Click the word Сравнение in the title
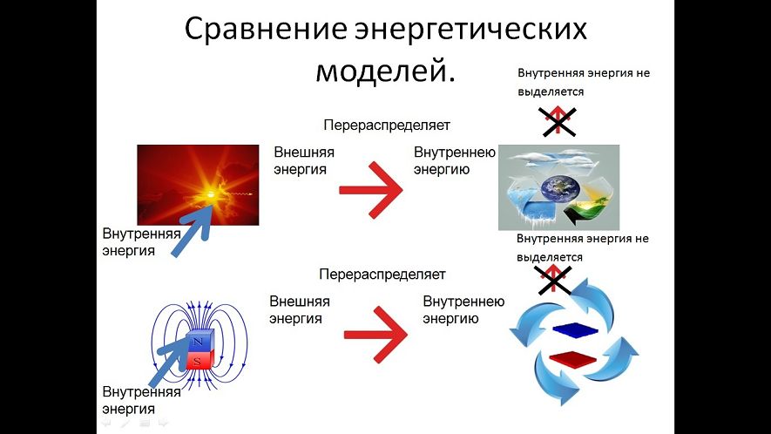[266, 30]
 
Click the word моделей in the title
[380, 71]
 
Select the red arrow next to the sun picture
[371, 190]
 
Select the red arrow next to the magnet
[375, 335]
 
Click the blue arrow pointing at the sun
[193, 230]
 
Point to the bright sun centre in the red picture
[211, 194]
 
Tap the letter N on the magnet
[198, 342]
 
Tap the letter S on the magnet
[197, 361]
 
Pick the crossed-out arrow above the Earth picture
[557, 121]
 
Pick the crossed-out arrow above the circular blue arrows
[553, 280]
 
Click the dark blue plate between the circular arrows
[575, 329]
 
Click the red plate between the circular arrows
[573, 358]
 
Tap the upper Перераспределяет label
[387, 125]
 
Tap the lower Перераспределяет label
[382, 275]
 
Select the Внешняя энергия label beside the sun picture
[304, 160]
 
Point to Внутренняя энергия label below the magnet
[142, 400]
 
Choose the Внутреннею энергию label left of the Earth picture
[455, 160]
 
